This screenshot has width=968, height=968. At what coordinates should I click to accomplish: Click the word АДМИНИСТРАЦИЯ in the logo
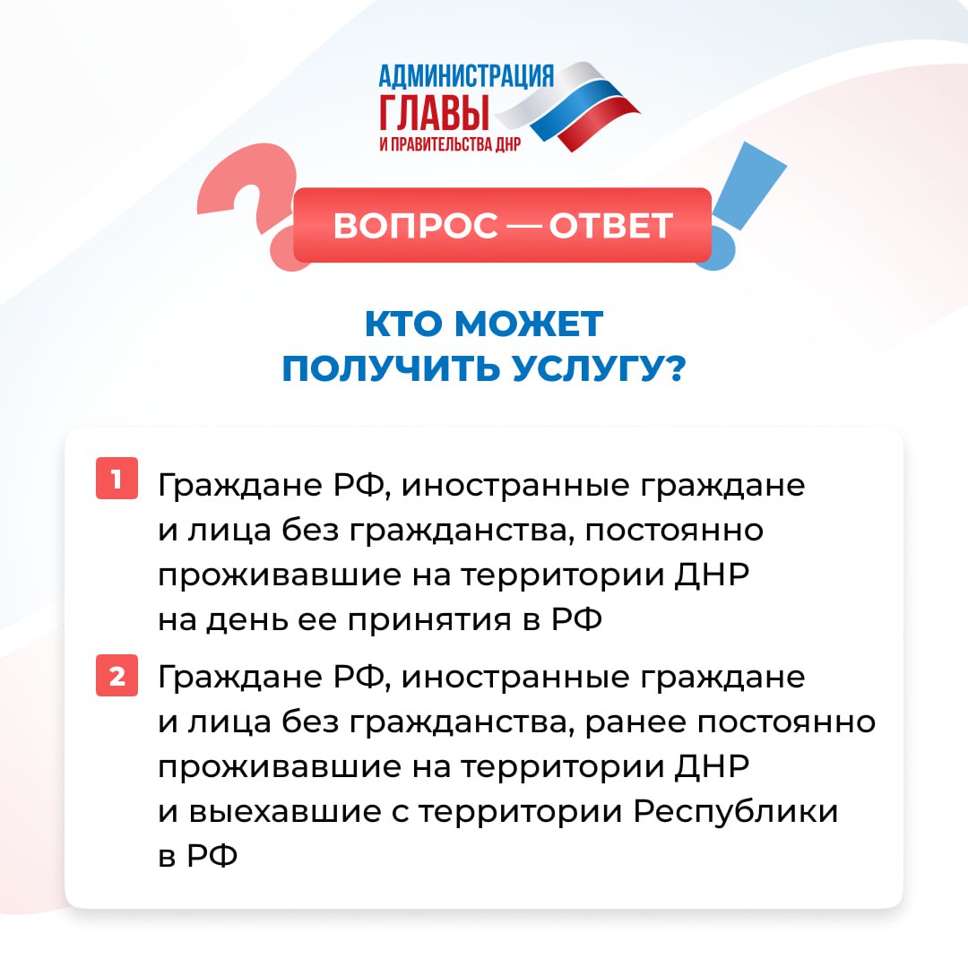[x=466, y=76]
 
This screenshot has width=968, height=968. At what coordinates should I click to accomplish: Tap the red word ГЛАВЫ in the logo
[x=434, y=112]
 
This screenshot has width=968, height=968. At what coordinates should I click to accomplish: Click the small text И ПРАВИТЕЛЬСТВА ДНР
[x=450, y=143]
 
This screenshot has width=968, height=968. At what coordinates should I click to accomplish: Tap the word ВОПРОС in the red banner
[x=416, y=225]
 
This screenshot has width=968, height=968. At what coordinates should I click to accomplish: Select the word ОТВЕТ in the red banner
[x=610, y=225]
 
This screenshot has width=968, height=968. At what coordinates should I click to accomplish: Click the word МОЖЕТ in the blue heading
[x=529, y=324]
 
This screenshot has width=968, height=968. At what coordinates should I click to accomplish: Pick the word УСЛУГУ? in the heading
[x=600, y=369]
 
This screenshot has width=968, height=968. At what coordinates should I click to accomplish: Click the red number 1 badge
[x=117, y=478]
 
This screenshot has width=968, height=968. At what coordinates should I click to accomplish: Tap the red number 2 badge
[x=117, y=676]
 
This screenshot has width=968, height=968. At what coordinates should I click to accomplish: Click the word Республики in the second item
[x=736, y=812]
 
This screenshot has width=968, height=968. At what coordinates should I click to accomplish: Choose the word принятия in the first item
[x=429, y=621]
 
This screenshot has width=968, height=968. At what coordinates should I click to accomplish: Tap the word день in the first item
[x=246, y=620]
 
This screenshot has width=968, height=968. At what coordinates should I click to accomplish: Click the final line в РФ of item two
[x=197, y=856]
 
